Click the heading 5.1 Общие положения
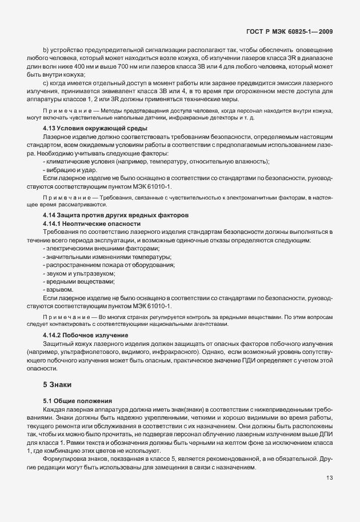pos(77,401)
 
